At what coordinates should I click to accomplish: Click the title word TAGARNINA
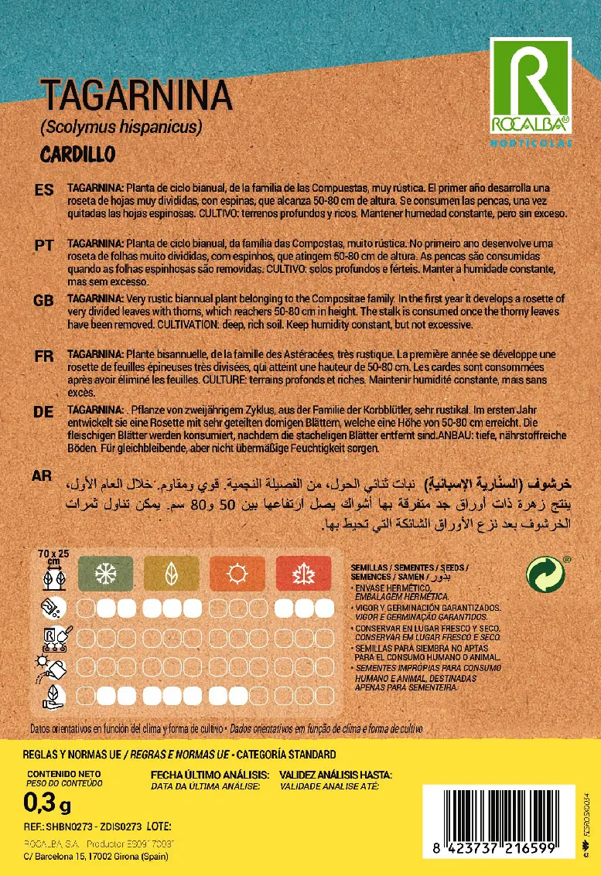[136, 97]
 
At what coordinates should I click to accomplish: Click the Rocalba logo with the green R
[531, 88]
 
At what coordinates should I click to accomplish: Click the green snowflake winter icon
[104, 574]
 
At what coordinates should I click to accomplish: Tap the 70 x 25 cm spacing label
[53, 557]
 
